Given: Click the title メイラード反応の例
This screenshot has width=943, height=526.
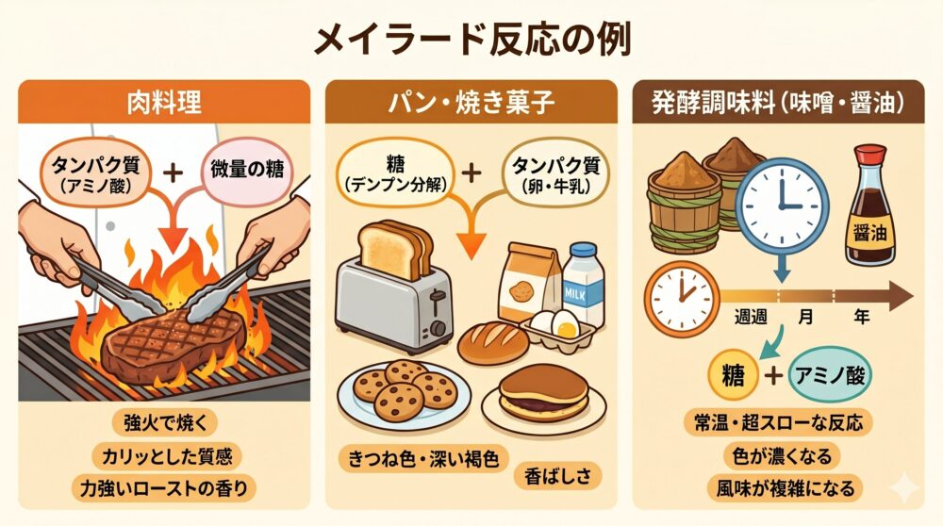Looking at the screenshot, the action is (472, 41).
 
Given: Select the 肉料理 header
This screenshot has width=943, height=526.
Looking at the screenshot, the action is (164, 102).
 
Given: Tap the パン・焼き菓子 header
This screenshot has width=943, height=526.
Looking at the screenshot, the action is (471, 102).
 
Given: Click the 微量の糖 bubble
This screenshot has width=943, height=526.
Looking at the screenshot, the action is (246, 170).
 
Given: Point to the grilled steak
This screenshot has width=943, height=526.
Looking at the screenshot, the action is (174, 345).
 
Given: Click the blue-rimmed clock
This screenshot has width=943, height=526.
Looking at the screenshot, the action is (782, 204).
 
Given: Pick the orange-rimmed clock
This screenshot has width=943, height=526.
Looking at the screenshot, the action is (682, 298).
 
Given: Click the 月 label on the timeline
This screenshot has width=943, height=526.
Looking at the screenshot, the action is (806, 316).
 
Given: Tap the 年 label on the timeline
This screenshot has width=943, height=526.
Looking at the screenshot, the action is (861, 316).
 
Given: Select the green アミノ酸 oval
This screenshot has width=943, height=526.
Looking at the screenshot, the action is (830, 376).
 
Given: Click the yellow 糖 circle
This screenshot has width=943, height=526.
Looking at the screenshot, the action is (733, 376).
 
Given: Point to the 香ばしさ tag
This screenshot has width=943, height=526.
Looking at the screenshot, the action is (557, 477).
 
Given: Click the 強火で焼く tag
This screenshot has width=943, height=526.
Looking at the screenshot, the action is (164, 422).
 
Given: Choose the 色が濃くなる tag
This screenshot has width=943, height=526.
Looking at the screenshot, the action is (782, 455).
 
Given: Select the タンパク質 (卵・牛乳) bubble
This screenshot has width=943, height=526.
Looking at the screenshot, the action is (555, 173).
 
